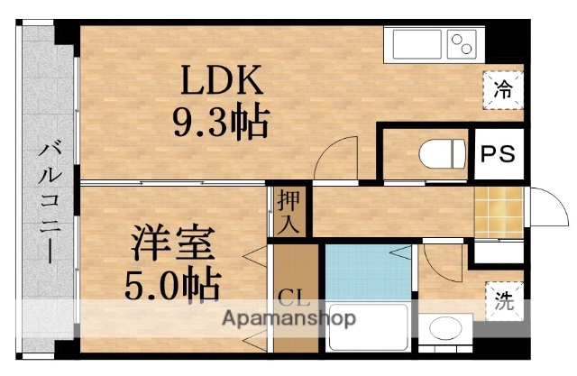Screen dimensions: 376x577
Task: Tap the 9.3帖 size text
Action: [221, 123]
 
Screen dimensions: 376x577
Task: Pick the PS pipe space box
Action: [497, 154]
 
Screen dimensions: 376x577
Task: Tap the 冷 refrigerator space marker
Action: [503, 89]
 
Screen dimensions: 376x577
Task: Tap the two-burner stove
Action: [462, 42]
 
